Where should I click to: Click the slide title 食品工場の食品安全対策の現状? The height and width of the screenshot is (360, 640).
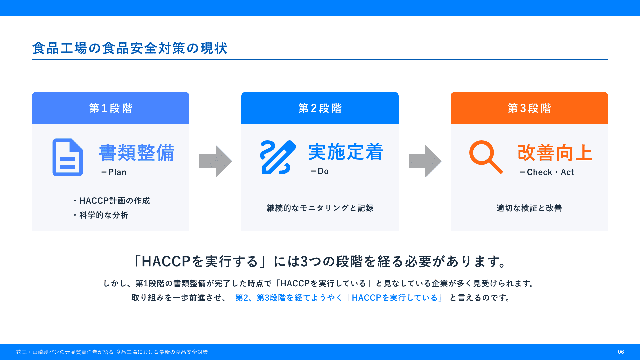point(130,48)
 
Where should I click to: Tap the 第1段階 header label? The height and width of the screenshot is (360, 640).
point(111,108)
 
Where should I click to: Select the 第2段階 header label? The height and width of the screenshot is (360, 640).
point(320,108)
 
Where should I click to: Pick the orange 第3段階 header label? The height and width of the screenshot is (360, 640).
point(529,108)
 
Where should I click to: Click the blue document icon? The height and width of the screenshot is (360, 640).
point(68,157)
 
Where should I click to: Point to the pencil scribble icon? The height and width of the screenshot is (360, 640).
point(278,157)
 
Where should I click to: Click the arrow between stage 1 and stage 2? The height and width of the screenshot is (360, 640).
point(216,161)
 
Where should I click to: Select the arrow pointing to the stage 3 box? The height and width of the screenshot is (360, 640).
point(425,161)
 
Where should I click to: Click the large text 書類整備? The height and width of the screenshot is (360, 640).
point(137,153)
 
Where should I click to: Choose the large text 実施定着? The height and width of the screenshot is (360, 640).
point(346,152)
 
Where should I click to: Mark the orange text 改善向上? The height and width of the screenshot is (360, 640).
point(555,153)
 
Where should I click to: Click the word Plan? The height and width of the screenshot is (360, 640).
point(117,172)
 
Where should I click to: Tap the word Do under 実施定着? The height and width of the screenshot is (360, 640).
point(323,171)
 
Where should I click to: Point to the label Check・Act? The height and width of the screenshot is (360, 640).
point(551,172)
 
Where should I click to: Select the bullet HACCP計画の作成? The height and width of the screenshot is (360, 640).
point(115,201)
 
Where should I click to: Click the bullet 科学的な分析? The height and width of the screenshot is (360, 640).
point(104,215)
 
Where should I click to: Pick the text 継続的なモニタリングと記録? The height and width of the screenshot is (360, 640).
point(320,208)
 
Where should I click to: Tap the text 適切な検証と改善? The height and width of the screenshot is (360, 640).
point(529,208)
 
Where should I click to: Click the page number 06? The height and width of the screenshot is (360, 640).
point(621,352)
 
